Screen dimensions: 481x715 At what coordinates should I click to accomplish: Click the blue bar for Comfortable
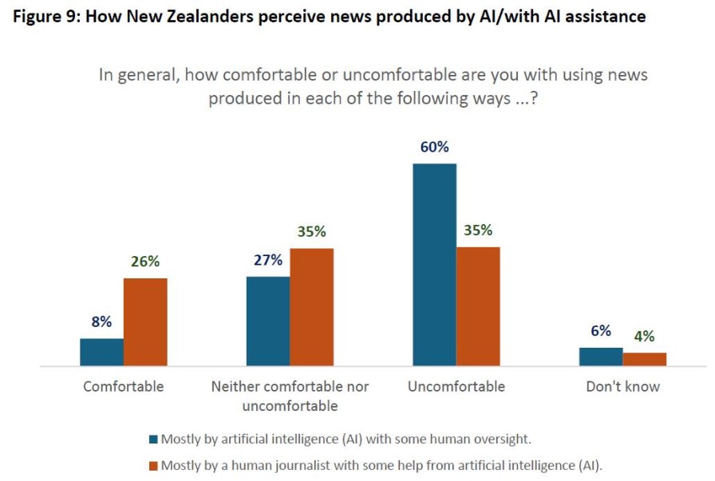[x=101, y=352]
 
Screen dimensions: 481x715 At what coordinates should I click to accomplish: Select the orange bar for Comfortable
[x=145, y=321]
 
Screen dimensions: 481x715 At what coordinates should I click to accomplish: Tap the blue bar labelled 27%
[x=268, y=321]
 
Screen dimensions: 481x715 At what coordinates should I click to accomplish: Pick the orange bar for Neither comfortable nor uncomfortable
[x=311, y=307]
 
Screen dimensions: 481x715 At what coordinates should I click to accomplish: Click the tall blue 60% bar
[x=434, y=265]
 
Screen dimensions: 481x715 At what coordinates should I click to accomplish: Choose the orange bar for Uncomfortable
[x=478, y=306]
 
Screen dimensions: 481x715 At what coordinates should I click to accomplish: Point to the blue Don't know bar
[x=601, y=357]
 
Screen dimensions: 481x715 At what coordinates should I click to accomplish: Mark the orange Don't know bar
[x=644, y=359]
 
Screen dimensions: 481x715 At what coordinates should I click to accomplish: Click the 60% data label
[x=434, y=148]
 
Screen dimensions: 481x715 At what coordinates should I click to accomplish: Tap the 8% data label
[x=101, y=322]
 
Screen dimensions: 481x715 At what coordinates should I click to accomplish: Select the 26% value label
[x=146, y=262]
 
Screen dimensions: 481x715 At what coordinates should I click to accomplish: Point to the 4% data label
[x=644, y=337]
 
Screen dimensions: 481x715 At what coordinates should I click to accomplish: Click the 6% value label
[x=601, y=331]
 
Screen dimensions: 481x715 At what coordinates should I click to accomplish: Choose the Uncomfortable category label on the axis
[x=456, y=387]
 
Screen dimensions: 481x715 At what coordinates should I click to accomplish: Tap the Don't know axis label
[x=622, y=387]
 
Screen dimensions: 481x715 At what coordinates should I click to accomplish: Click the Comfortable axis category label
[x=124, y=387]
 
